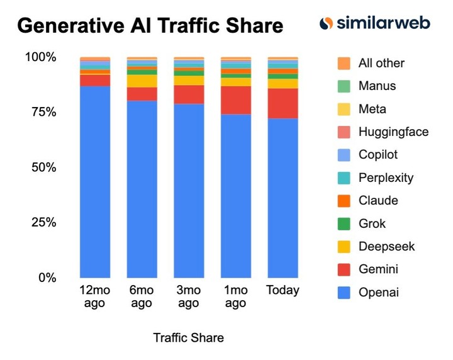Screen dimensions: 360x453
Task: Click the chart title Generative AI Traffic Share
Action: click(150, 26)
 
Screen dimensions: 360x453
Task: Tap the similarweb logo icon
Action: click(326, 24)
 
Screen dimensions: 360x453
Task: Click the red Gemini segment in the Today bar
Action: click(282, 103)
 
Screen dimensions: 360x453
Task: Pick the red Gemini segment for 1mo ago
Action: click(236, 100)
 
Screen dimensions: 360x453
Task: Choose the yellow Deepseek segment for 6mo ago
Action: click(142, 81)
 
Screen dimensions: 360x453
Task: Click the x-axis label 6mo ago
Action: click(142, 297)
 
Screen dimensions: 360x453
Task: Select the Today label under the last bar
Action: click(282, 291)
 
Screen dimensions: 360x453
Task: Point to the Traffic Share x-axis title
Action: click(188, 338)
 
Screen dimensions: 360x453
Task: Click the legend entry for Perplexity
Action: click(386, 177)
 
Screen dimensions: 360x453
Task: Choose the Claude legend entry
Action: click(378, 201)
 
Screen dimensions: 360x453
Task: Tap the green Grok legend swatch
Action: click(344, 223)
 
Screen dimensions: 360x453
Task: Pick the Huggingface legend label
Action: click(393, 132)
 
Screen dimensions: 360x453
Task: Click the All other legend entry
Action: click(381, 63)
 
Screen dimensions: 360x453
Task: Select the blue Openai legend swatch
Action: click(344, 293)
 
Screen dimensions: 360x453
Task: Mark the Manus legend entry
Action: click(377, 86)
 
